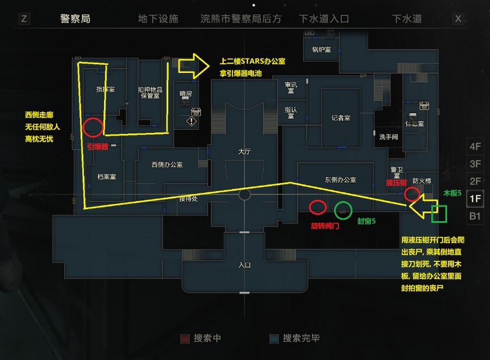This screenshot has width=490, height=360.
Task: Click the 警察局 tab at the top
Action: (x=75, y=19)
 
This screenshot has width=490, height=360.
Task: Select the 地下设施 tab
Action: (x=158, y=19)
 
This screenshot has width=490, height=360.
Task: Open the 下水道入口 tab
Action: (x=324, y=19)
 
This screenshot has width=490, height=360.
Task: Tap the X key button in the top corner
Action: (x=458, y=19)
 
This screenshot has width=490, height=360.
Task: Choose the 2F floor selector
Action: (x=475, y=181)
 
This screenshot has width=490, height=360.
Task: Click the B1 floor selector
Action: (x=475, y=216)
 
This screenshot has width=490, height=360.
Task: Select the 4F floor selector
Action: (x=475, y=147)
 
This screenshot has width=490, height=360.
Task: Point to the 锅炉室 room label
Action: (x=321, y=50)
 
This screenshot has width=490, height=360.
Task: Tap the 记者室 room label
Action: (x=341, y=118)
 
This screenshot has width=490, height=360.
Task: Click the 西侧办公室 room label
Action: (x=167, y=164)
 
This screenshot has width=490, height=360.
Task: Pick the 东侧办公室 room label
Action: (x=340, y=180)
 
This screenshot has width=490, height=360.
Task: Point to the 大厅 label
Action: (x=244, y=151)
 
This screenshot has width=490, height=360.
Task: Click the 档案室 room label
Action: (x=107, y=176)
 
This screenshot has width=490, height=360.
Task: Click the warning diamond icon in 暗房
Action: (x=191, y=121)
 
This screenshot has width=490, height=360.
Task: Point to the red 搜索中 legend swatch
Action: (x=185, y=338)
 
